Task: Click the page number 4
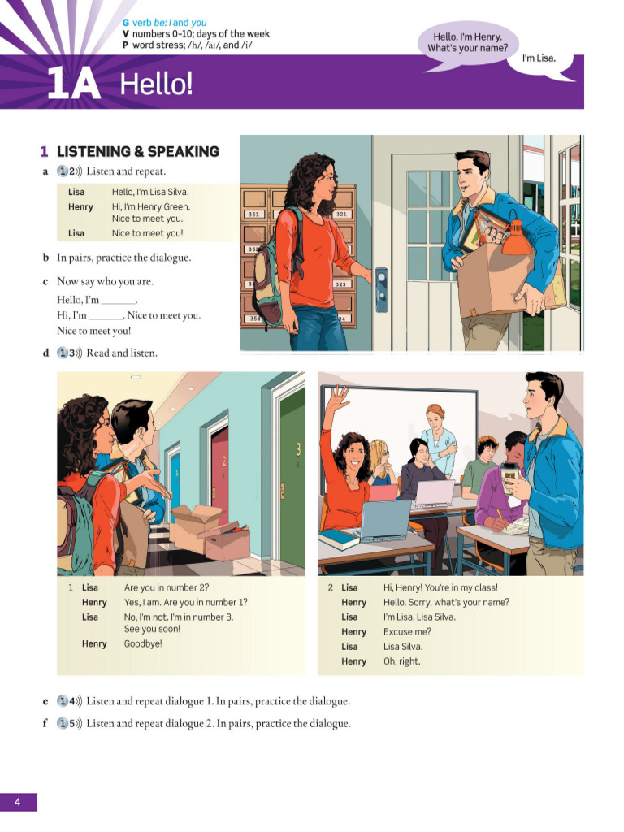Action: tap(16, 803)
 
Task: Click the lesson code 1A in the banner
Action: tap(73, 84)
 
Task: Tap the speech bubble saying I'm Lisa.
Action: tap(538, 58)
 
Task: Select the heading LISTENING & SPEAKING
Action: tap(137, 151)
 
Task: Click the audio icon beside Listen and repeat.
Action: tap(69, 171)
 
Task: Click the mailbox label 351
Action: tap(255, 214)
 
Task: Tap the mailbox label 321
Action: tap(340, 214)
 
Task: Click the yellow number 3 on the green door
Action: tap(297, 448)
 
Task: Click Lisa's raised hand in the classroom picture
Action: tap(338, 398)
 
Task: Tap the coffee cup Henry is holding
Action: tap(510, 478)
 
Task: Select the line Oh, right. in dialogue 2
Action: tap(402, 661)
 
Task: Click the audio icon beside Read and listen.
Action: tap(69, 353)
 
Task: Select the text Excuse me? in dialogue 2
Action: tap(407, 632)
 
